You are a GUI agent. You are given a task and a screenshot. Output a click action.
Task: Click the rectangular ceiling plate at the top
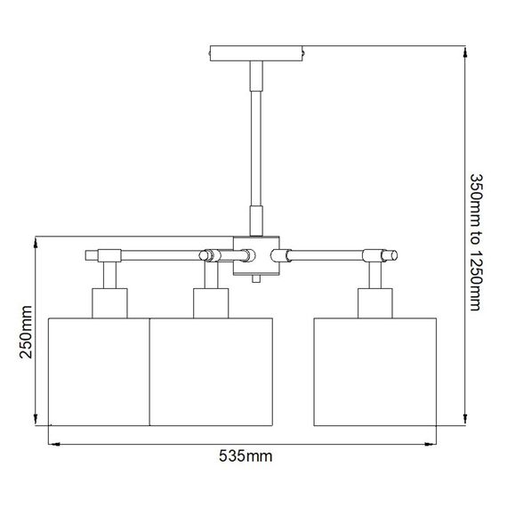point(255,53)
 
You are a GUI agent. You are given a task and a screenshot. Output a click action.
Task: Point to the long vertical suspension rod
point(256,142)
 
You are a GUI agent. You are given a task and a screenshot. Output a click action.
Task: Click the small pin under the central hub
point(256,279)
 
